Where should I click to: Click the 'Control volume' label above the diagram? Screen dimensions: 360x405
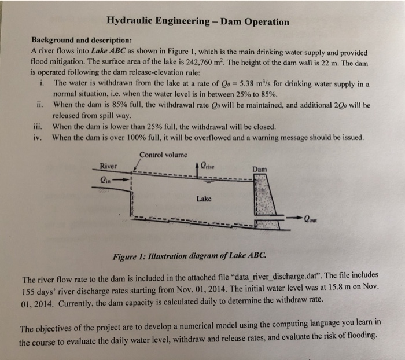pyautogui.click(x=164, y=155)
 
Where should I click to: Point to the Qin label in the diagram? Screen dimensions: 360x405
pyautogui.click(x=108, y=179)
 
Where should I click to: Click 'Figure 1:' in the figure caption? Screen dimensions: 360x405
pyautogui.click(x=130, y=255)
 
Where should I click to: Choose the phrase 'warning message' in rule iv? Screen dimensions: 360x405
pyautogui.click(x=279, y=138)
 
